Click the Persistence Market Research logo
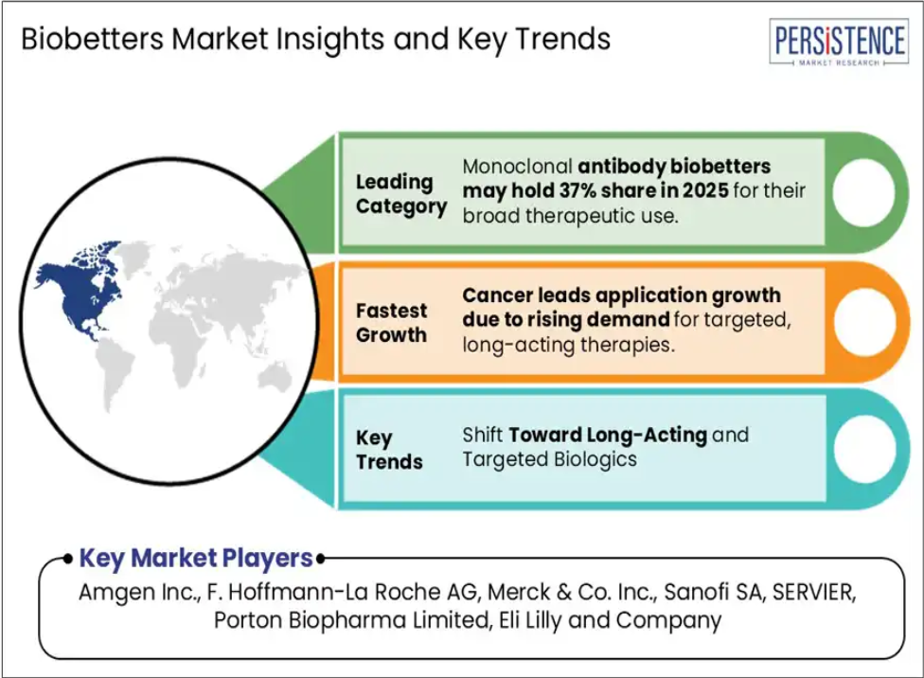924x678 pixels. [839, 43]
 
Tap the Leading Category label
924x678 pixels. [401, 194]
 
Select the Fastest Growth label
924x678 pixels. [391, 323]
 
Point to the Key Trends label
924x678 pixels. [389, 449]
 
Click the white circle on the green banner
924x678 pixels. [864, 193]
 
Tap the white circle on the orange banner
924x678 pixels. [864, 322]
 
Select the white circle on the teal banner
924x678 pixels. [864, 449]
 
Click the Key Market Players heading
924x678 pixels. [196, 559]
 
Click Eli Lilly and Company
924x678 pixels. [610, 620]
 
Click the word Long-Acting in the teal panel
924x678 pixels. [647, 435]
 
